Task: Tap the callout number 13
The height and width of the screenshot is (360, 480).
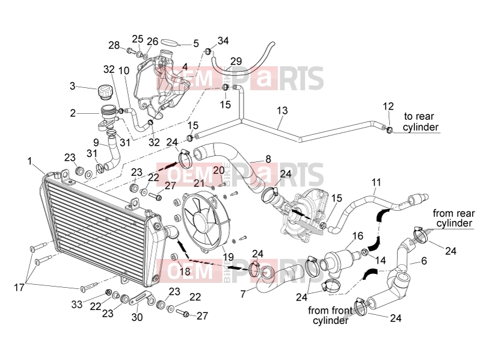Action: [282, 110]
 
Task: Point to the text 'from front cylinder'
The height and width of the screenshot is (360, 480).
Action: [330, 315]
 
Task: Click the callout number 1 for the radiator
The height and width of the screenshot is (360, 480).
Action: [29, 161]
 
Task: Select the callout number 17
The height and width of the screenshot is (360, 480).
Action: [19, 287]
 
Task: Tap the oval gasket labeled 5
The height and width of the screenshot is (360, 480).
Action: [168, 42]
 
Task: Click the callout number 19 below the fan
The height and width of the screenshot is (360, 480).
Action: [229, 257]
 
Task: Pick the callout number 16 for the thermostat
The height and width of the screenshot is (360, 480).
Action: [357, 236]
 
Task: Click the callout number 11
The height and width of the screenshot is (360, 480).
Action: [376, 182]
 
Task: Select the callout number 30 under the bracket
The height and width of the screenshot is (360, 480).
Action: [137, 317]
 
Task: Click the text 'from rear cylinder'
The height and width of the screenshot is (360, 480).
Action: [454, 218]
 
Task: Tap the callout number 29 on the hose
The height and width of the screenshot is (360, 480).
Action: [236, 61]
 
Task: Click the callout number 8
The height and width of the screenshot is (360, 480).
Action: [268, 159]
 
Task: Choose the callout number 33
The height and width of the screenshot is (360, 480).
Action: [77, 304]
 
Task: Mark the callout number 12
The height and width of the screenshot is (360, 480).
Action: [388, 107]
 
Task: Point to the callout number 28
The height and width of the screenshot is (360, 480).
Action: [114, 45]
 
